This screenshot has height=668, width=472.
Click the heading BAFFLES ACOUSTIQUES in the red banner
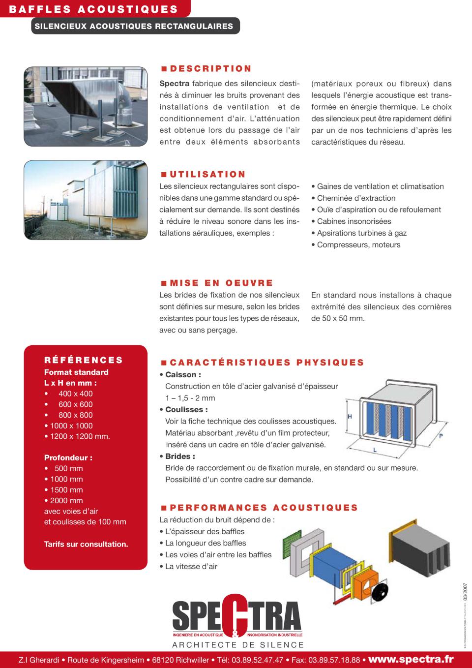point(93,9)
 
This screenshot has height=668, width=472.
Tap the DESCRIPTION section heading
point(210,69)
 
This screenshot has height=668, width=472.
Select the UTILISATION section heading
point(207,174)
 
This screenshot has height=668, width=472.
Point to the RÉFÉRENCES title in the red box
point(84,360)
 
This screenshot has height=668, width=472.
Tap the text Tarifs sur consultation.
point(86,544)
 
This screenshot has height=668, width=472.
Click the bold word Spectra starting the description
point(174,84)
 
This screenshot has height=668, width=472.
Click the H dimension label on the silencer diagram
point(350,416)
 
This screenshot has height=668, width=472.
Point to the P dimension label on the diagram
point(441,436)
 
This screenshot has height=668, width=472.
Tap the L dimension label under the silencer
point(375,450)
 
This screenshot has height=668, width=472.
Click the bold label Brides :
point(180,456)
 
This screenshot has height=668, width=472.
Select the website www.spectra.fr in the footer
point(411,659)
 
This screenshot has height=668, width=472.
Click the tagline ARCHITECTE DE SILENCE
point(238,645)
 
